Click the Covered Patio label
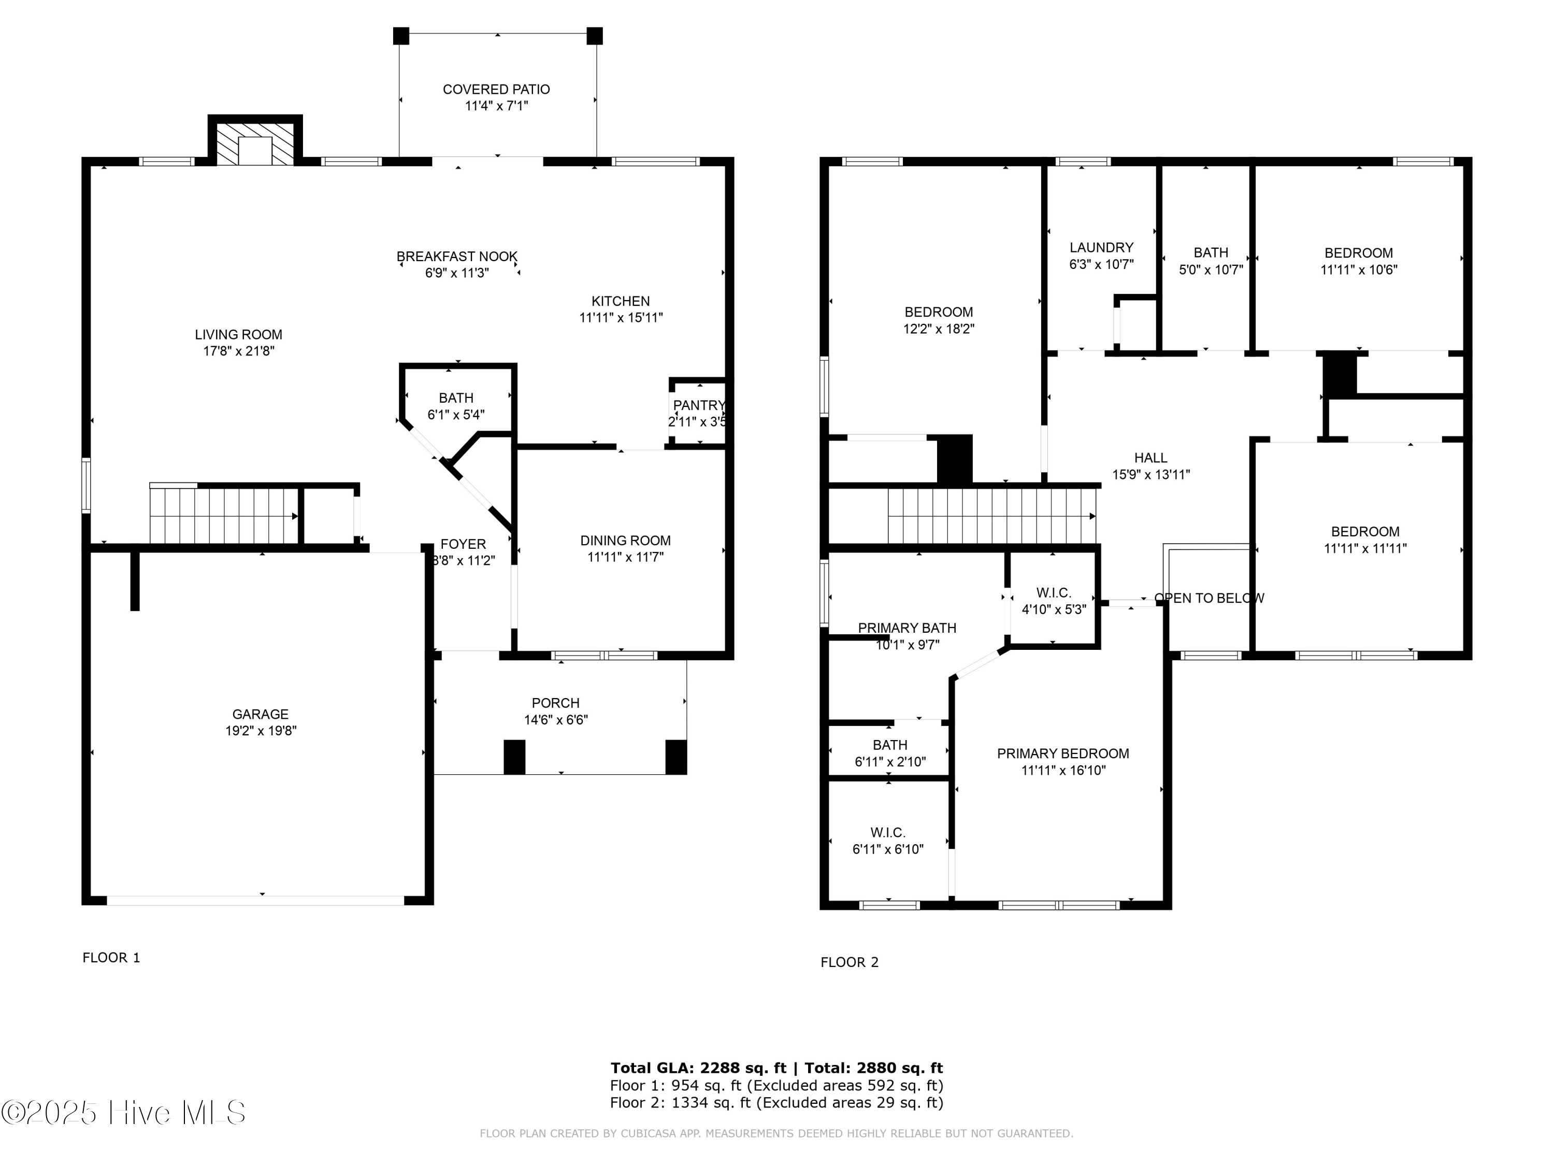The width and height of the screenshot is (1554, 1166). point(496,89)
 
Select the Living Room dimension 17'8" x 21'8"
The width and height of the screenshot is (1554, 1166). point(239,351)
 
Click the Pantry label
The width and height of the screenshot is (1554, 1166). point(698,406)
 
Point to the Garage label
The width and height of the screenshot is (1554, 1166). point(261,714)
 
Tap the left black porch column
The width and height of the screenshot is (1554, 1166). point(514,757)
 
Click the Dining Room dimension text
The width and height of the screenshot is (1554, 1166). point(625,557)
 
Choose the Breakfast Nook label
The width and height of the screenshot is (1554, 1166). point(457,257)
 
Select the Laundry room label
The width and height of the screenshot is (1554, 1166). point(1101,247)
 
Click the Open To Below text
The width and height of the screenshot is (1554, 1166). point(1208,598)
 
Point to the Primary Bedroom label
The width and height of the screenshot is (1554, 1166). point(1063,753)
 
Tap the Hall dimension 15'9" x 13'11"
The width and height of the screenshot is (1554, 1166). point(1151,474)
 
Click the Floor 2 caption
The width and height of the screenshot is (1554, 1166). point(850,962)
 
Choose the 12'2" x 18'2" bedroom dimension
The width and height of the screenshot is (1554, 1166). point(939,328)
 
